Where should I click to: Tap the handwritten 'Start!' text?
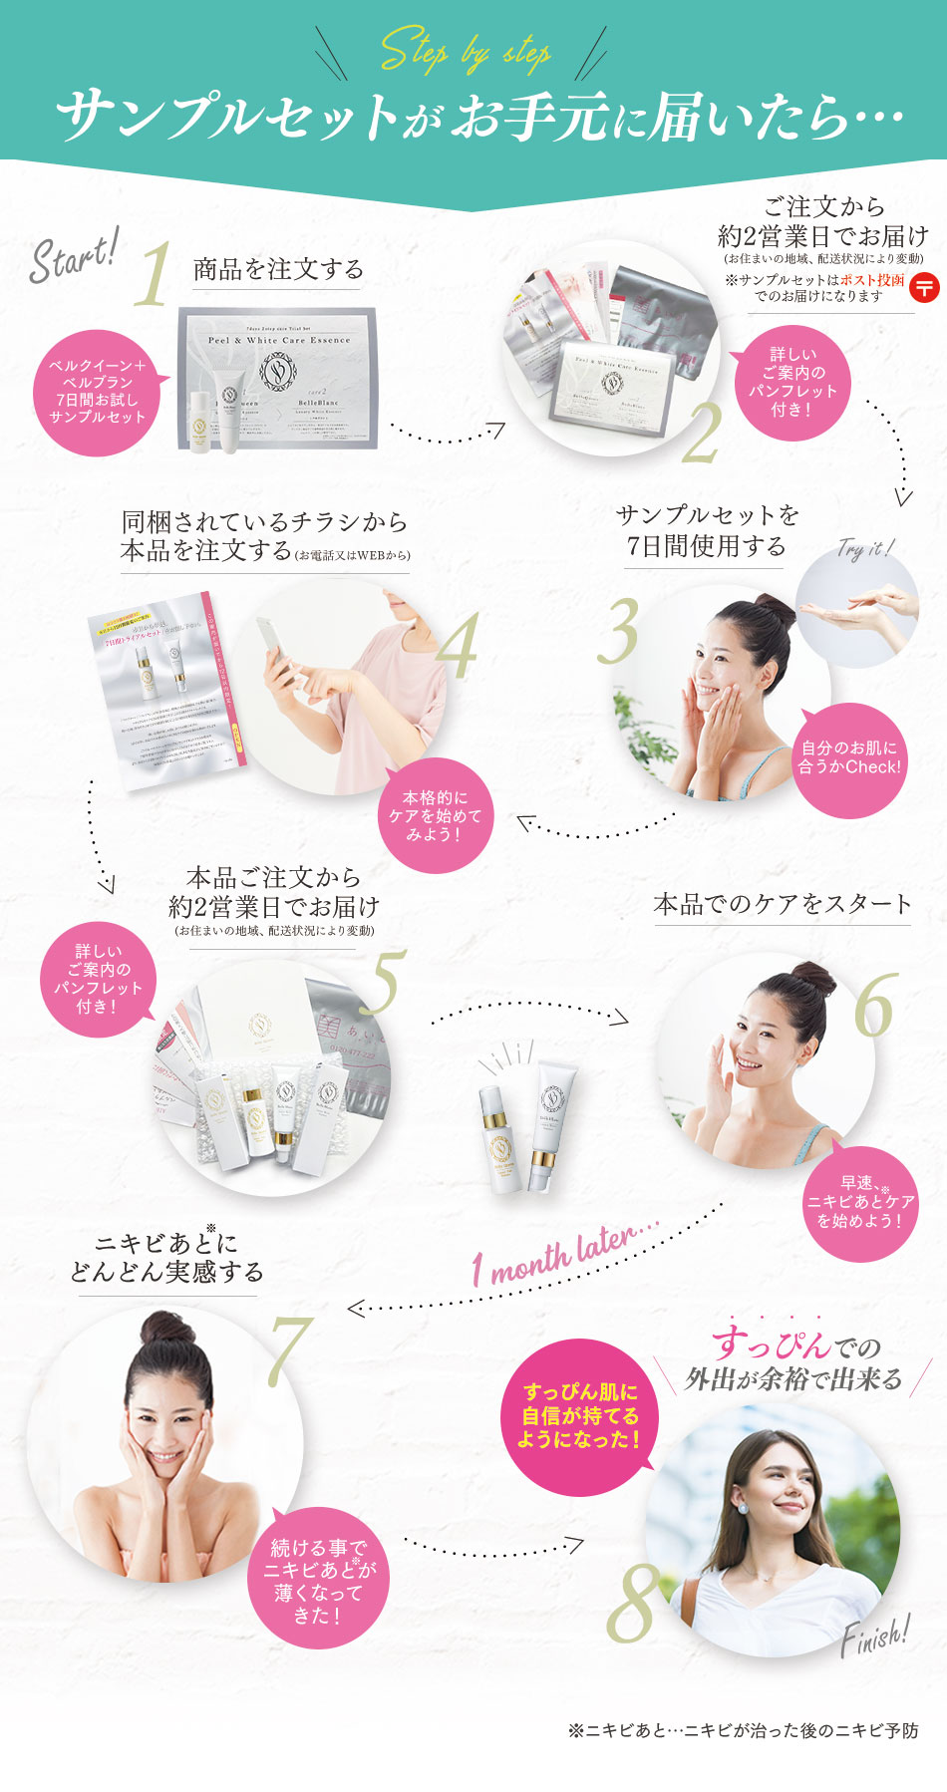pos(75,256)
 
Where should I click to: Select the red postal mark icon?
pos(924,288)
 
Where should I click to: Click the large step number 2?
pos(701,433)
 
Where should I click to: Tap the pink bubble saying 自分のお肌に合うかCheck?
pos(849,758)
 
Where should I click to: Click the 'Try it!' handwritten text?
pos(864,549)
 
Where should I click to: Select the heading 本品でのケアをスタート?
pos(783,904)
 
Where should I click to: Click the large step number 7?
pos(289,1351)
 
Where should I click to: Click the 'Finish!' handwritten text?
pos(874,1639)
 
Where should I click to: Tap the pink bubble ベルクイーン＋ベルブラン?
pos(97,392)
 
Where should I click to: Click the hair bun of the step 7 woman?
pos(165,1329)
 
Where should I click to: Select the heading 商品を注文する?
pos(277,269)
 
